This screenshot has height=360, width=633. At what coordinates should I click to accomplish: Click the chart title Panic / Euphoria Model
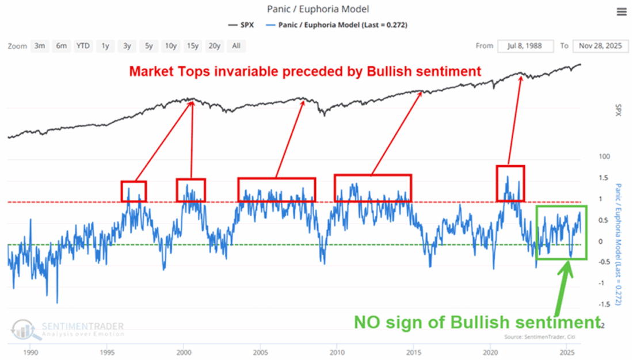pos(318,9)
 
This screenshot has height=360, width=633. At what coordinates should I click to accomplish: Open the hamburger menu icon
pos(621,12)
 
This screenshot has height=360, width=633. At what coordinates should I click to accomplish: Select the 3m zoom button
pos(40,46)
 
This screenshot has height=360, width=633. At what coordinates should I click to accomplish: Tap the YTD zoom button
pos(83,46)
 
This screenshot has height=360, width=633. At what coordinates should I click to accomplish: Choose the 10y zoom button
pos(170,46)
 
